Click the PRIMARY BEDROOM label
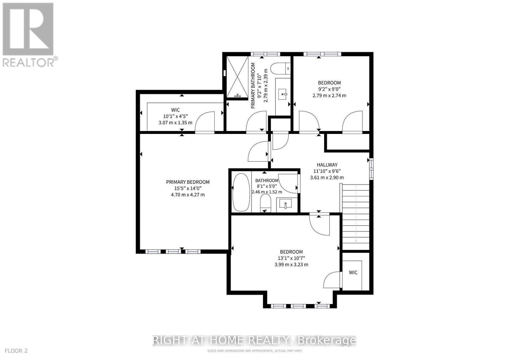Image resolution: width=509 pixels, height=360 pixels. pyautogui.click(x=188, y=182)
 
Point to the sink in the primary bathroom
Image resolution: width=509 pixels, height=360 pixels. pyautogui.click(x=282, y=94)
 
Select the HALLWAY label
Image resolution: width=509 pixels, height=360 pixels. pyautogui.click(x=327, y=165)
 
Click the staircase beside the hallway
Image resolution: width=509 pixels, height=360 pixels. pyautogui.click(x=356, y=216)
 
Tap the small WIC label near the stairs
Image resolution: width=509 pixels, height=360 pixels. pyautogui.click(x=353, y=273)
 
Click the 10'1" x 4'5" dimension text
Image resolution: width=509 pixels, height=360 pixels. pyautogui.click(x=175, y=116)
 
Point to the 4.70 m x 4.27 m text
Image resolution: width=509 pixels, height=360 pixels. pyautogui.click(x=188, y=194)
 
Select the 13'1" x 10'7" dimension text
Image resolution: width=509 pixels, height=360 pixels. pyautogui.click(x=291, y=258)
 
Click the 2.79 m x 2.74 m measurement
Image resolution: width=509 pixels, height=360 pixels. pyautogui.click(x=329, y=95)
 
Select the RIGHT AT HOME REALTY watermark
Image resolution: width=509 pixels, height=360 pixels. pyautogui.click(x=254, y=341)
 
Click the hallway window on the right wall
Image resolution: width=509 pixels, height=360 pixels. pyautogui.click(x=371, y=169)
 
